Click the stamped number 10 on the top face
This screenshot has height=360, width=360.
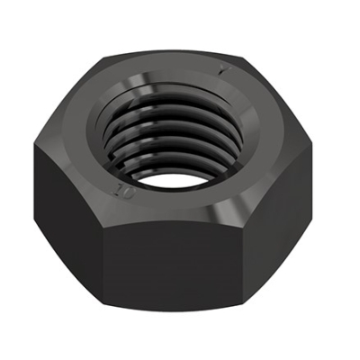click(x=121, y=191)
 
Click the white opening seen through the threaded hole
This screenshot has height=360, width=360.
click(x=173, y=167)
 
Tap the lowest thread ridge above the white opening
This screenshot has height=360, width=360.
click(x=171, y=154)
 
